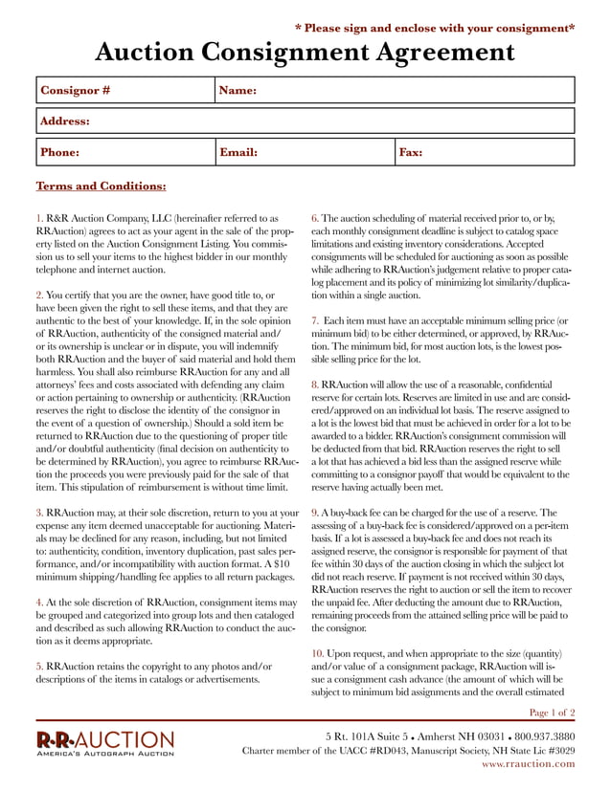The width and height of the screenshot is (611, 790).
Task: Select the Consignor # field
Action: (124, 91)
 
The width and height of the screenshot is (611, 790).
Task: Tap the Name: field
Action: (395, 91)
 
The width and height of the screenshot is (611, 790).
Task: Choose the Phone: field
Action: (124, 152)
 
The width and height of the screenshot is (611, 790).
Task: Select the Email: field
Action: (304, 152)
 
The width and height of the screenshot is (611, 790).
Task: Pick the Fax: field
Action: (484, 152)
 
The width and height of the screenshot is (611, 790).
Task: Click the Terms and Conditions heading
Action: (101, 186)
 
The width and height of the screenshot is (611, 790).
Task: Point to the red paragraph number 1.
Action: (38, 219)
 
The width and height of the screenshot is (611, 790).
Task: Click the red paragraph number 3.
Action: (38, 514)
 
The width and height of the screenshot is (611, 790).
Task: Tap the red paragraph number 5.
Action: (38, 665)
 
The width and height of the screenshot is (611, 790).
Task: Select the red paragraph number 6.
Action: (314, 219)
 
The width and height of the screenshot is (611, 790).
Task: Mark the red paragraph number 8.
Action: (314, 384)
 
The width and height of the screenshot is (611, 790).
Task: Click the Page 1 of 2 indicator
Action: (552, 713)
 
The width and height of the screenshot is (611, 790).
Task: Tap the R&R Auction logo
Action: (105, 743)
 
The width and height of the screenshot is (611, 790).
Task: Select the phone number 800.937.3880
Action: (540, 735)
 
